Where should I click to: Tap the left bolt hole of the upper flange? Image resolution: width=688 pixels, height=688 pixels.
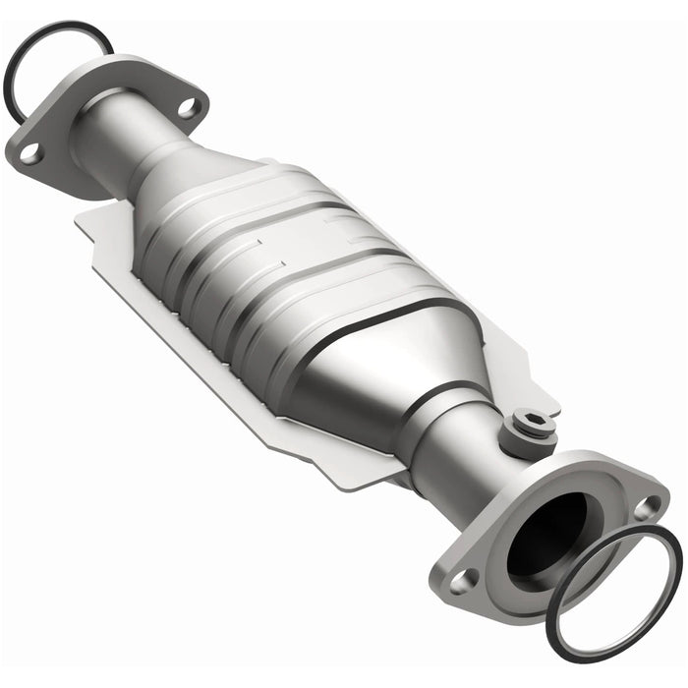tap(30, 152)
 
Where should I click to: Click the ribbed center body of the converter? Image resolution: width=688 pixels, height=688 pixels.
tap(295, 265)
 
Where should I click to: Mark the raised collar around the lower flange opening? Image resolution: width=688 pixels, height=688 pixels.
tap(511, 511)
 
